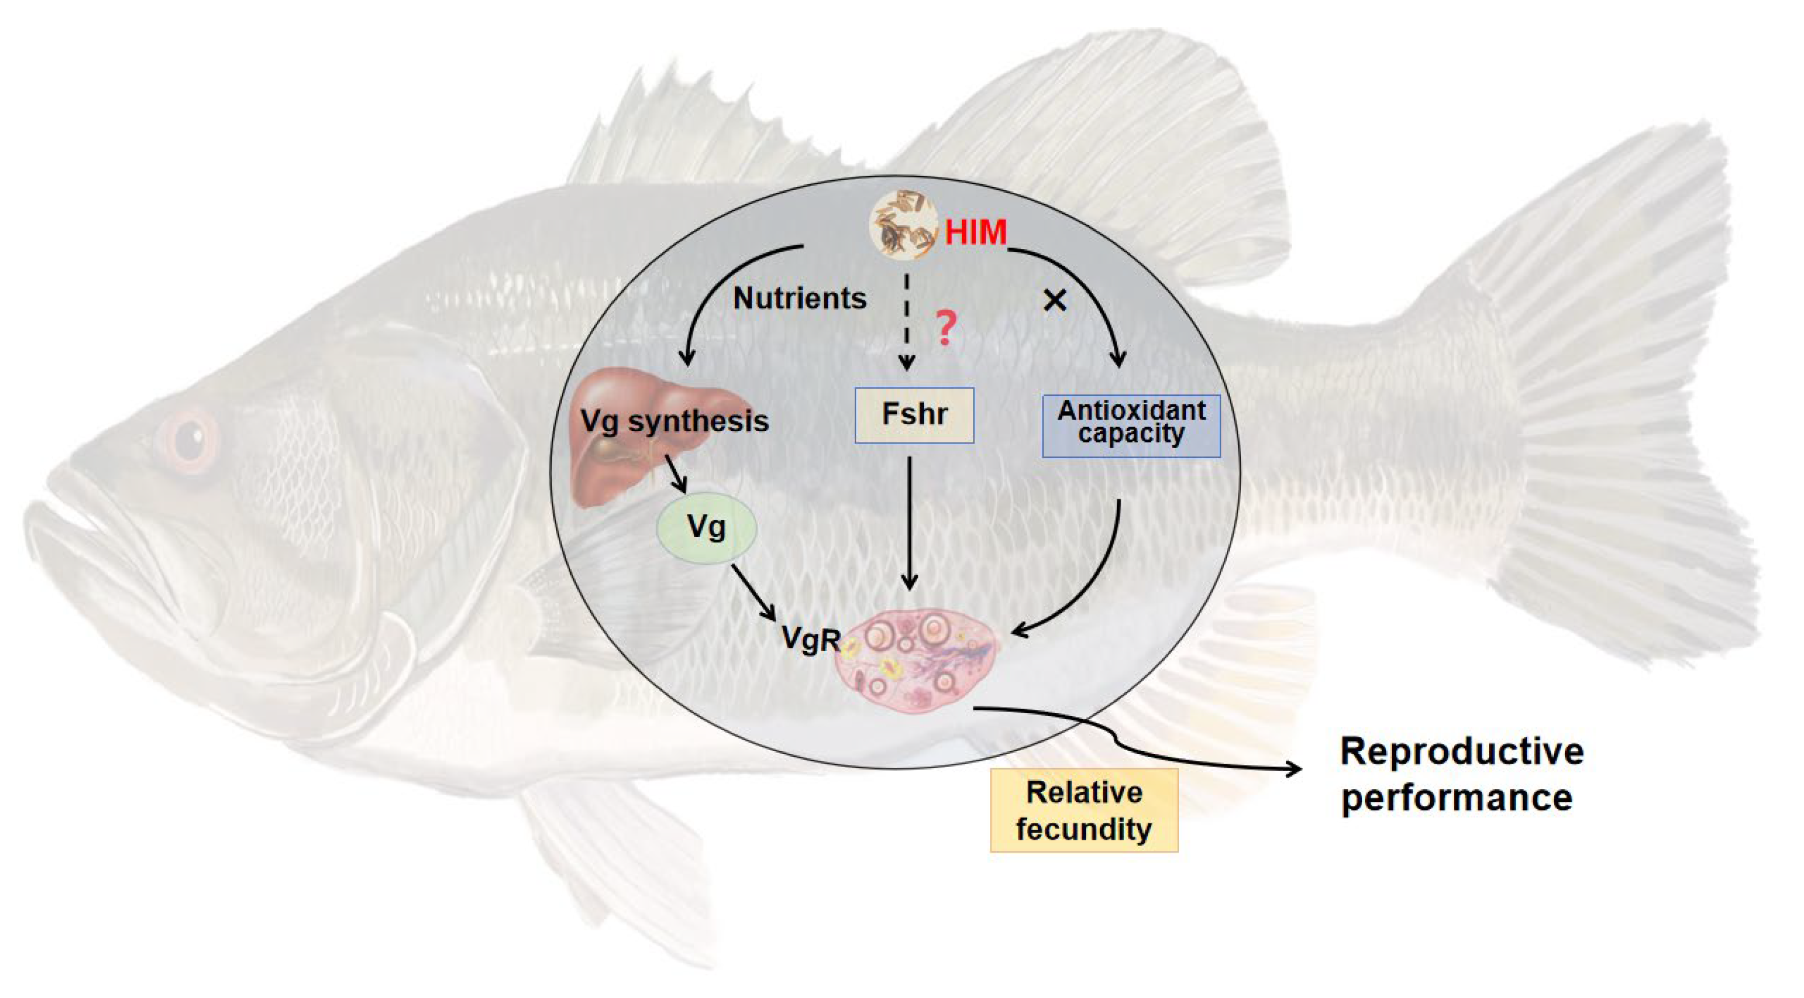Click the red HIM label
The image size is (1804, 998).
pos(975,233)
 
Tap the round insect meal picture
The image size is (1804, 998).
pos(904,224)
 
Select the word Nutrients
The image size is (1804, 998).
pos(800,299)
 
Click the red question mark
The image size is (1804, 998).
pos(945,329)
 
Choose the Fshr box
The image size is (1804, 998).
pos(914,415)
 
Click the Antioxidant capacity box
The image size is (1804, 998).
pos(1131,425)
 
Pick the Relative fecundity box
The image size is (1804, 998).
pos(1084,810)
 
